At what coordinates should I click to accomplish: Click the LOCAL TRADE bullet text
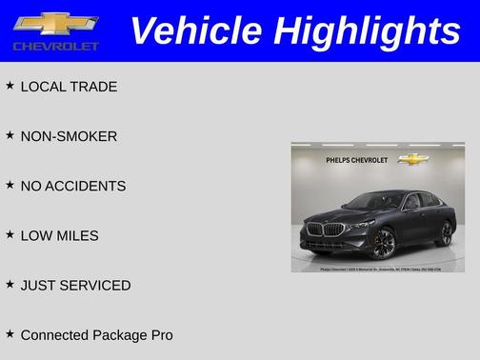click(69, 87)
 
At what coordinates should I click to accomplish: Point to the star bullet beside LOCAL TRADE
click(10, 86)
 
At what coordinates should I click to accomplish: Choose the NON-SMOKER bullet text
click(69, 136)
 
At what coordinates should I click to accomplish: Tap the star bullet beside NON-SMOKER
click(10, 135)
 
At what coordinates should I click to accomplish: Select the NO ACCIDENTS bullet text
click(72, 186)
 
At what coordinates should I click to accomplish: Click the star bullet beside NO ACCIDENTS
click(10, 185)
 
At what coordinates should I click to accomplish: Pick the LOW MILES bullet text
click(59, 235)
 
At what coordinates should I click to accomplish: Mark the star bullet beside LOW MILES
click(10, 234)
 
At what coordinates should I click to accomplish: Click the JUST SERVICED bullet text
click(75, 285)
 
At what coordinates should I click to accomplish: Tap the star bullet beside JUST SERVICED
click(10, 284)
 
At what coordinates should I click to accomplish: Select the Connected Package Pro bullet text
click(96, 335)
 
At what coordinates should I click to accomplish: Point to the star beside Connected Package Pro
click(10, 333)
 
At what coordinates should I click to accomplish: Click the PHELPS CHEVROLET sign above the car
click(357, 160)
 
